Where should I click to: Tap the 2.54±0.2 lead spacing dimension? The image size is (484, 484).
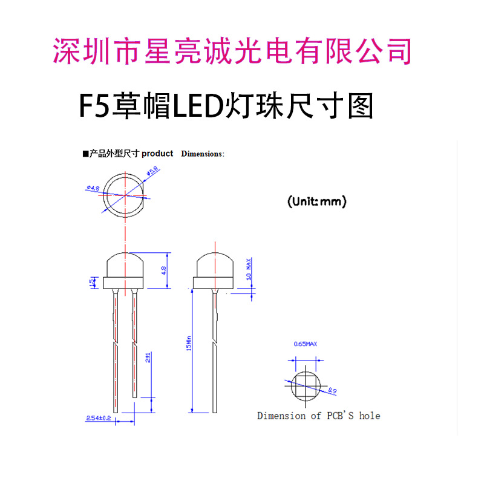(x=99, y=418)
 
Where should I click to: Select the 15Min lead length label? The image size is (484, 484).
(x=189, y=343)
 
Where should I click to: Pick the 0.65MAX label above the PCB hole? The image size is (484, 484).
(x=306, y=344)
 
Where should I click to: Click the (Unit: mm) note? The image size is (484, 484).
(x=316, y=202)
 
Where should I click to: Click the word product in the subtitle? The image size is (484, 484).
(x=157, y=154)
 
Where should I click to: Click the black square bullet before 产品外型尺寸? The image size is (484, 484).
(x=85, y=154)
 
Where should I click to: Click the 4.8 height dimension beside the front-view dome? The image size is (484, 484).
(x=163, y=270)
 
